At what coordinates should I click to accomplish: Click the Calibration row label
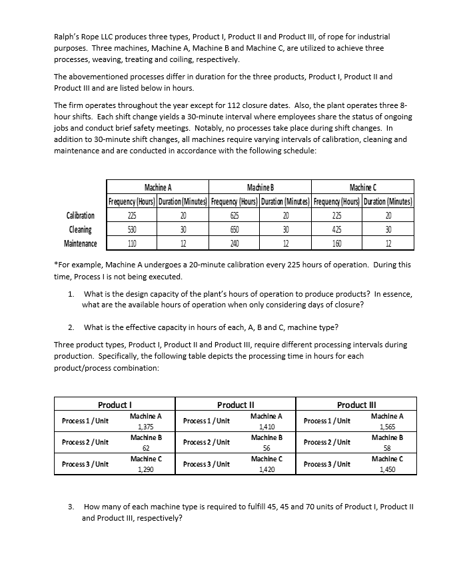point(81,215)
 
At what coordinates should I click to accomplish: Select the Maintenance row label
point(81,243)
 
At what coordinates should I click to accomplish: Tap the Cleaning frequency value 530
point(133,229)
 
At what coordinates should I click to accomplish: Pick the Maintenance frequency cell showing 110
point(133,243)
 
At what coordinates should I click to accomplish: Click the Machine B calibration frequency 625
point(235,215)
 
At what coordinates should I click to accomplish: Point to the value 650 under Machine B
point(235,229)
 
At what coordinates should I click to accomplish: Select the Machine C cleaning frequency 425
point(336,229)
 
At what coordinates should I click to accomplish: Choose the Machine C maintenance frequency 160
point(336,243)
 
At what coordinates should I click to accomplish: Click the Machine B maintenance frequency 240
point(235,243)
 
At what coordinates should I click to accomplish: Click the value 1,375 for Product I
point(145,426)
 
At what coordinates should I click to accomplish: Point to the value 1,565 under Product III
point(386,426)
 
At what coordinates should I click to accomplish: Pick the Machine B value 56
point(266,447)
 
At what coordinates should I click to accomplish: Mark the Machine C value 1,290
point(145,469)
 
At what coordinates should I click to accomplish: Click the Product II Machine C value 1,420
point(266,469)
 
